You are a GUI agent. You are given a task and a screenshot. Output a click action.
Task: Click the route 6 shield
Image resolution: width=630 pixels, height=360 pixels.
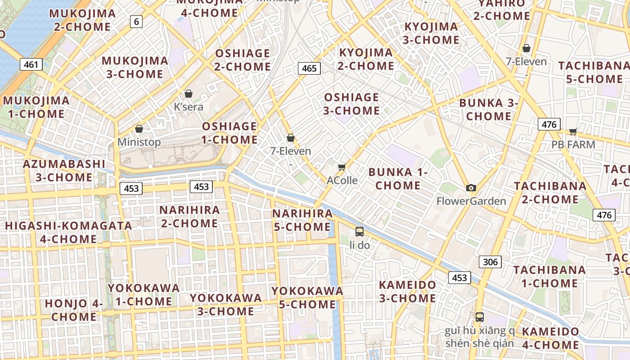(x=137, y=21)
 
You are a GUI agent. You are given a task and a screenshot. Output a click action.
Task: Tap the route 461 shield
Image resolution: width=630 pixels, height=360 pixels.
(x=31, y=64)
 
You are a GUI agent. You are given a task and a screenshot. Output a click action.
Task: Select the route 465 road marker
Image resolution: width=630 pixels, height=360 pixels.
(x=309, y=68)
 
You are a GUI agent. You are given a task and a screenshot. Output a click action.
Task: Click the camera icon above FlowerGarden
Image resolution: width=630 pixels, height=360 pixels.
(x=471, y=188)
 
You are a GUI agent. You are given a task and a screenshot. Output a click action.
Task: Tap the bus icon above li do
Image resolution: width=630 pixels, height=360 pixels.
(x=359, y=232)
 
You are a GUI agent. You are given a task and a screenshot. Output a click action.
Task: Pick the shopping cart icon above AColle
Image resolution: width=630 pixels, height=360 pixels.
(x=342, y=167)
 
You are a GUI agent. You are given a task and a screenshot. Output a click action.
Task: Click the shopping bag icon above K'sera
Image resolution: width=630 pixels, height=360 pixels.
(x=189, y=94)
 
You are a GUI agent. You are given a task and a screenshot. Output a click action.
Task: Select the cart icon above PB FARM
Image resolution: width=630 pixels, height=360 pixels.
(x=573, y=131)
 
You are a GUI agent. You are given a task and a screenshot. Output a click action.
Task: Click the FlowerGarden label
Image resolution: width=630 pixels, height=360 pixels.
(x=471, y=201)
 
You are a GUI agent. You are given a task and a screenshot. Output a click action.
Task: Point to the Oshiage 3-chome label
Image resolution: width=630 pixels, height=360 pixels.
(x=351, y=104)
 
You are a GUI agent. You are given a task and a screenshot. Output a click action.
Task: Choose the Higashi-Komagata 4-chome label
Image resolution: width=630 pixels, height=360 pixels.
(x=68, y=232)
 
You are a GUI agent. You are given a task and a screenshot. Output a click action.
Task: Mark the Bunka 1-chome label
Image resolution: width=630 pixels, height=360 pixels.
(x=398, y=179)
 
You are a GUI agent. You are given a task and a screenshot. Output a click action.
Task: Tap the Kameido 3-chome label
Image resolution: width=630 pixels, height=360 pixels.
(x=407, y=291)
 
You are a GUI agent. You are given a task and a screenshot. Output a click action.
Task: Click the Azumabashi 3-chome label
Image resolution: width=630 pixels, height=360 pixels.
(x=64, y=171)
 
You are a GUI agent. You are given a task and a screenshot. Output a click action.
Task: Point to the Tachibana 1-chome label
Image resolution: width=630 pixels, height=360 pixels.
(x=549, y=276)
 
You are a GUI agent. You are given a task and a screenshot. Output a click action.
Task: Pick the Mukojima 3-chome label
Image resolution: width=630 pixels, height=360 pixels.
(x=135, y=67)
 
